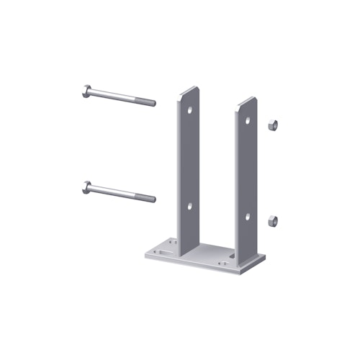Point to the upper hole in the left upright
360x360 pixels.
tap(191, 112)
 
